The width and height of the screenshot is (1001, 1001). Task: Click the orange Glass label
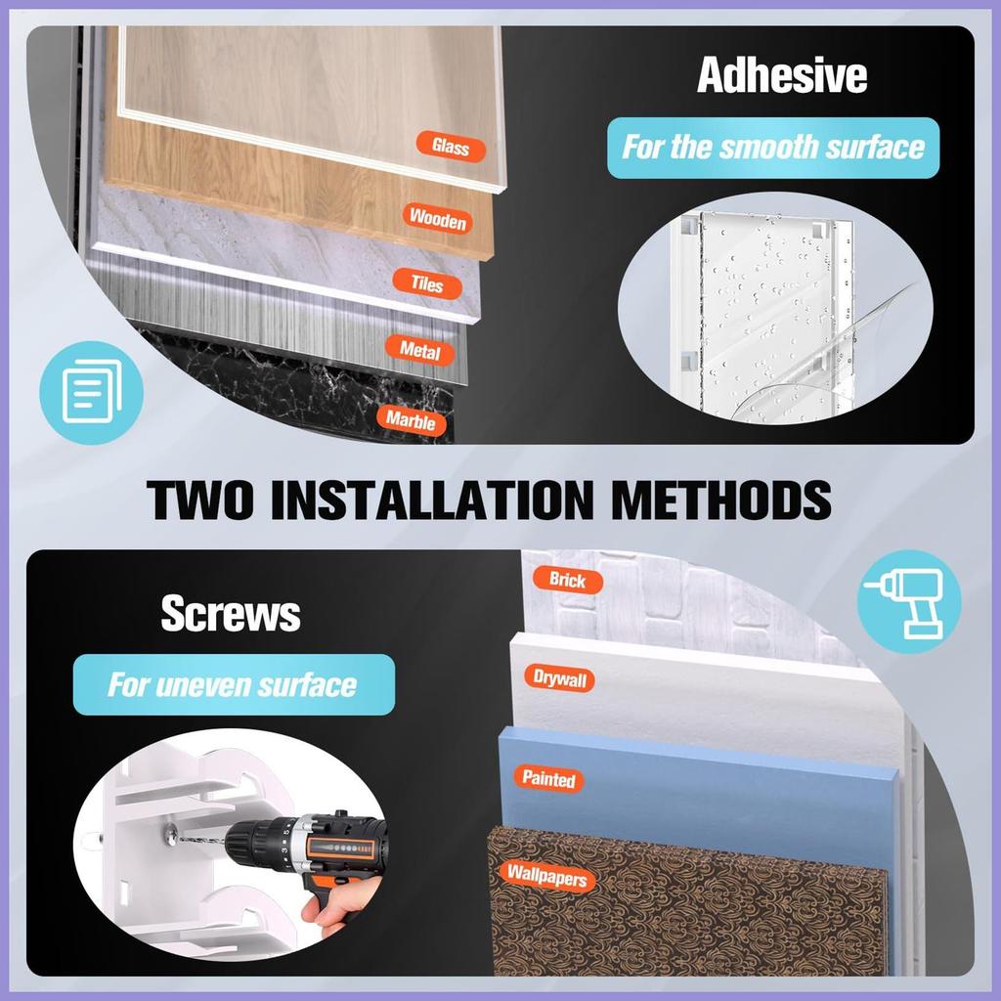tap(451, 147)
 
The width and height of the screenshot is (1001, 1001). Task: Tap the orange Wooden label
tap(438, 219)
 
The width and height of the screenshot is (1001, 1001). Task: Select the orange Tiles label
tap(427, 283)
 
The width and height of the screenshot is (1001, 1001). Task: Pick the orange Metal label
tap(420, 350)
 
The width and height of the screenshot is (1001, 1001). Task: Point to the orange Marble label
tap(412, 420)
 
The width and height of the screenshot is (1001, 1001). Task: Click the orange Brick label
tap(568, 580)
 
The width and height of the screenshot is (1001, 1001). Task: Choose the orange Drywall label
tap(560, 678)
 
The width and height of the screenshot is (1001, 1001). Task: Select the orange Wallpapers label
tap(547, 876)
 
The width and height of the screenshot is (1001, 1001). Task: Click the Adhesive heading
tap(782, 75)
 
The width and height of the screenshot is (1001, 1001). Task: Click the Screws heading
tap(231, 614)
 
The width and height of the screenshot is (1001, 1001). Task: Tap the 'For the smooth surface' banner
tap(773, 148)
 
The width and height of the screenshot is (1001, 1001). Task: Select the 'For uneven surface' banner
tap(234, 684)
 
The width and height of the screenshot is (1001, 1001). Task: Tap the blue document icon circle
tap(91, 392)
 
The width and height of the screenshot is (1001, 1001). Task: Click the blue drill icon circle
tap(909, 601)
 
